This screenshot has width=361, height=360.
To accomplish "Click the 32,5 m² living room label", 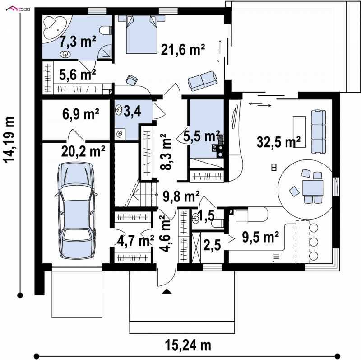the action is pyautogui.click(x=278, y=142).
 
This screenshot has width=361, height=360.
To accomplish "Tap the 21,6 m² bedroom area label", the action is pyautogui.click(x=183, y=50).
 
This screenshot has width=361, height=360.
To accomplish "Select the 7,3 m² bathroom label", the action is pyautogui.click(x=78, y=42).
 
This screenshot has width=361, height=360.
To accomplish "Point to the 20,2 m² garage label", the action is pyautogui.click(x=83, y=151).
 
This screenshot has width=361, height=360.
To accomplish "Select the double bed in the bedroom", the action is pyautogui.click(x=141, y=34).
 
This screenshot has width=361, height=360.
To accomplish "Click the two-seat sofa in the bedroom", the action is pyautogui.click(x=202, y=80).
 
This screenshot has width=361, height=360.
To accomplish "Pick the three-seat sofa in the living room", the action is pyautogui.click(x=319, y=132).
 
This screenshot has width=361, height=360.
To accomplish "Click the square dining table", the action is pyautogui.click(x=313, y=188).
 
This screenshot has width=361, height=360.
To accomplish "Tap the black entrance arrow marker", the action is pyautogui.click(x=167, y=291).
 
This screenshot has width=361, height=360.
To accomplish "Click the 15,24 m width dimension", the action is pyautogui.click(x=188, y=345).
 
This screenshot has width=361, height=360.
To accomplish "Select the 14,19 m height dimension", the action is pyautogui.click(x=9, y=140).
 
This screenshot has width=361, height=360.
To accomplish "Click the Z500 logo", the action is pyautogui.click(x=18, y=9).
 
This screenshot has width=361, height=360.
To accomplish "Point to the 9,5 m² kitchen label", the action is pyautogui.click(x=260, y=237).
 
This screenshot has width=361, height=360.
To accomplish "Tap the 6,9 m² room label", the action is pyautogui.click(x=81, y=114).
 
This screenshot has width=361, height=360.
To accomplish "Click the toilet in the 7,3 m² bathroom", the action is pyautogui.click(x=106, y=30).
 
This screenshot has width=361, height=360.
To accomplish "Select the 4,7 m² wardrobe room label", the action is pyautogui.click(x=136, y=241).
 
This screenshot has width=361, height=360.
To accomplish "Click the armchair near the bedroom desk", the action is pyautogui.click(x=131, y=80).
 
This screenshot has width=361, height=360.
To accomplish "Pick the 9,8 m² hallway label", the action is pyautogui.click(x=181, y=196).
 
